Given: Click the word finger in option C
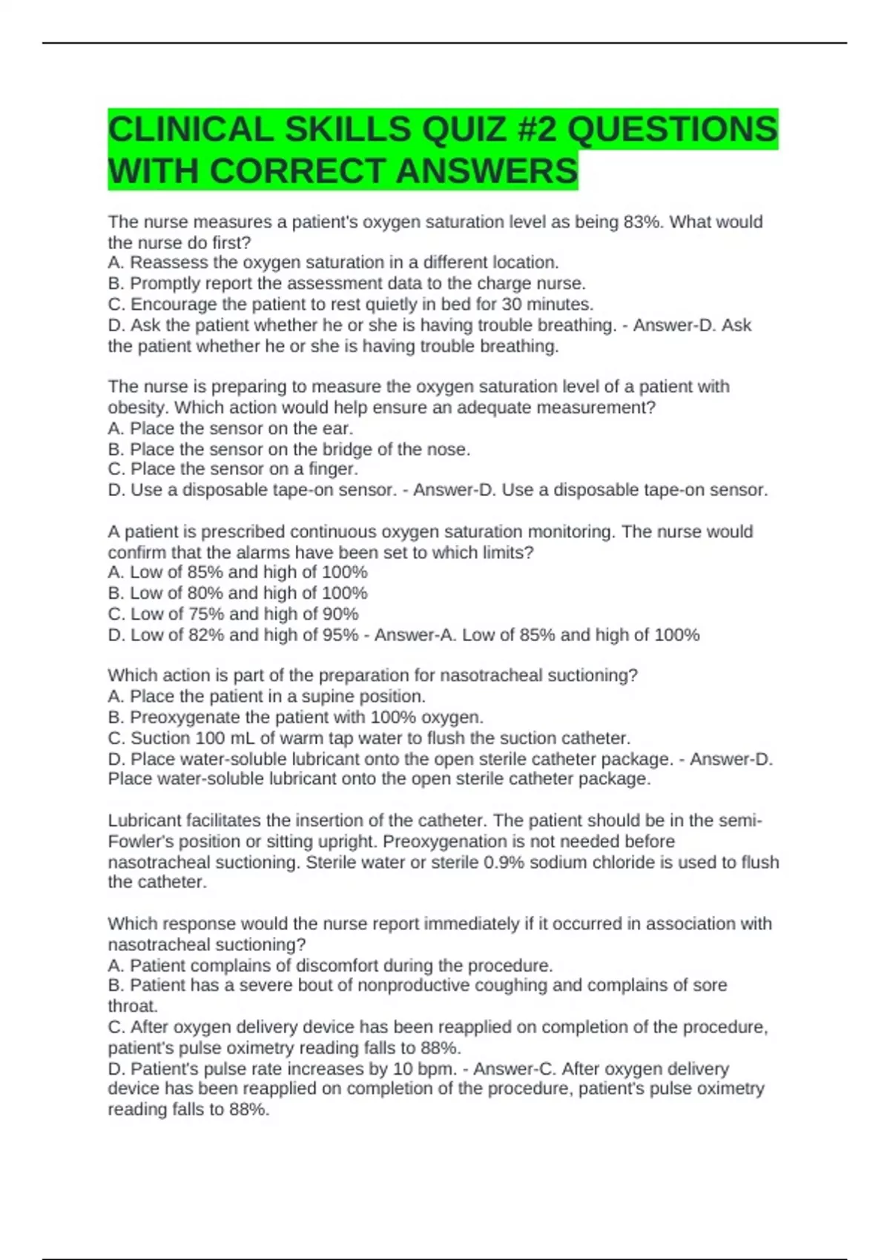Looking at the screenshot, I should [x=332, y=469].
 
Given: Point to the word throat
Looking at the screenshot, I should [x=133, y=1006].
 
